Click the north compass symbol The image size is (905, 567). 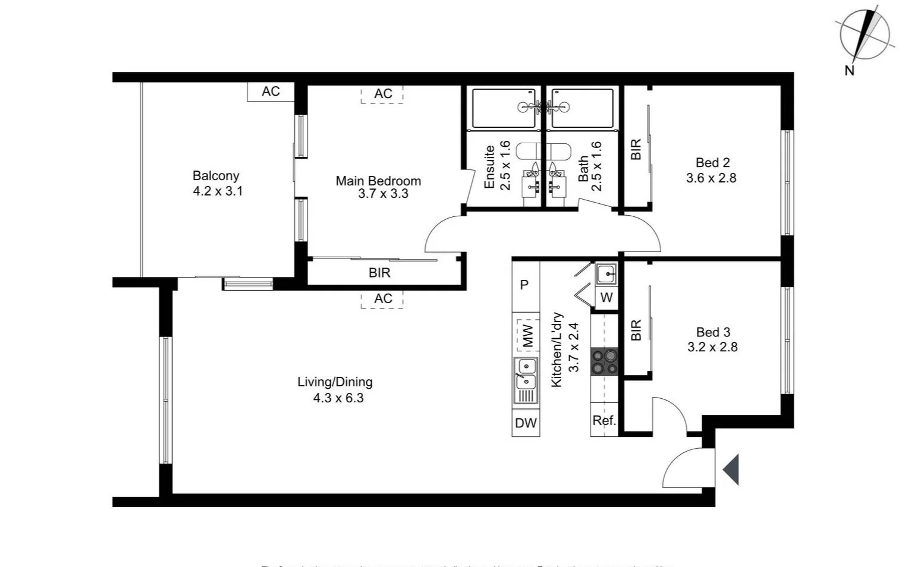[865, 35]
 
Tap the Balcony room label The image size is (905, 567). [216, 176]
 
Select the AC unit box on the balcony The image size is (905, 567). [271, 92]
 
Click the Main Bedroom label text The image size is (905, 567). [378, 181]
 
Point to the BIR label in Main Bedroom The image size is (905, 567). [379, 273]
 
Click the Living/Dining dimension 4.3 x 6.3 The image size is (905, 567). [338, 398]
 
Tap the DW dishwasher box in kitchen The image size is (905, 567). [526, 423]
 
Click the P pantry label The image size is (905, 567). [524, 285]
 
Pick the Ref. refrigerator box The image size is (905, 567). [604, 421]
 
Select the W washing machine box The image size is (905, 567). [607, 297]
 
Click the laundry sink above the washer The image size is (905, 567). [606, 275]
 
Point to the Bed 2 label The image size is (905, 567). [712, 163]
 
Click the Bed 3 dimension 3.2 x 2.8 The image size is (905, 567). [712, 347]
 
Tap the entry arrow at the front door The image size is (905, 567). [731, 470]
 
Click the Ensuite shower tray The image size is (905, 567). [504, 108]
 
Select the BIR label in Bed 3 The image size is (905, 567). [636, 330]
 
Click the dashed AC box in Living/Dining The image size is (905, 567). [382, 299]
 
